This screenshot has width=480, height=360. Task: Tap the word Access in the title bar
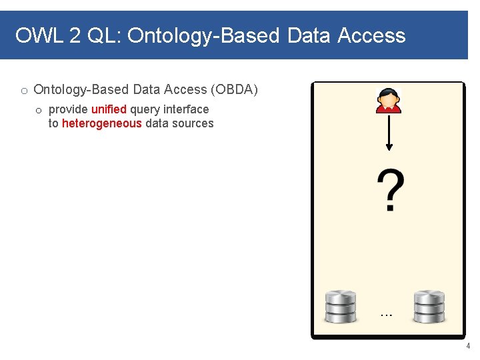click(x=371, y=35)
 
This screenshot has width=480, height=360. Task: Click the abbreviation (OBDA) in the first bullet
click(x=234, y=89)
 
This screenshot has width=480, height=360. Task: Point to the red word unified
click(x=109, y=109)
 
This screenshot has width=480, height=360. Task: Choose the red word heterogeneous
click(x=101, y=123)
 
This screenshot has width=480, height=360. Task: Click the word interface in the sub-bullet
click(x=186, y=109)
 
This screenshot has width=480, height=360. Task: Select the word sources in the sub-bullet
click(x=193, y=123)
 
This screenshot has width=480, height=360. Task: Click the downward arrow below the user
click(x=389, y=133)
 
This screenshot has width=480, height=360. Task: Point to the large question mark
click(x=390, y=191)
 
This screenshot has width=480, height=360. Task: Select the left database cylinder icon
click(x=341, y=307)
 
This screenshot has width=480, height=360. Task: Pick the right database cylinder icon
click(x=429, y=307)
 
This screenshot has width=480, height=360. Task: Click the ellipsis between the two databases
click(x=385, y=313)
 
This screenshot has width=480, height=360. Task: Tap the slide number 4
click(x=468, y=347)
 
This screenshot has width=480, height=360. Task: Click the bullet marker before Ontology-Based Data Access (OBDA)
click(x=23, y=91)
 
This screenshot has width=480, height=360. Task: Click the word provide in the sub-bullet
click(x=68, y=109)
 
